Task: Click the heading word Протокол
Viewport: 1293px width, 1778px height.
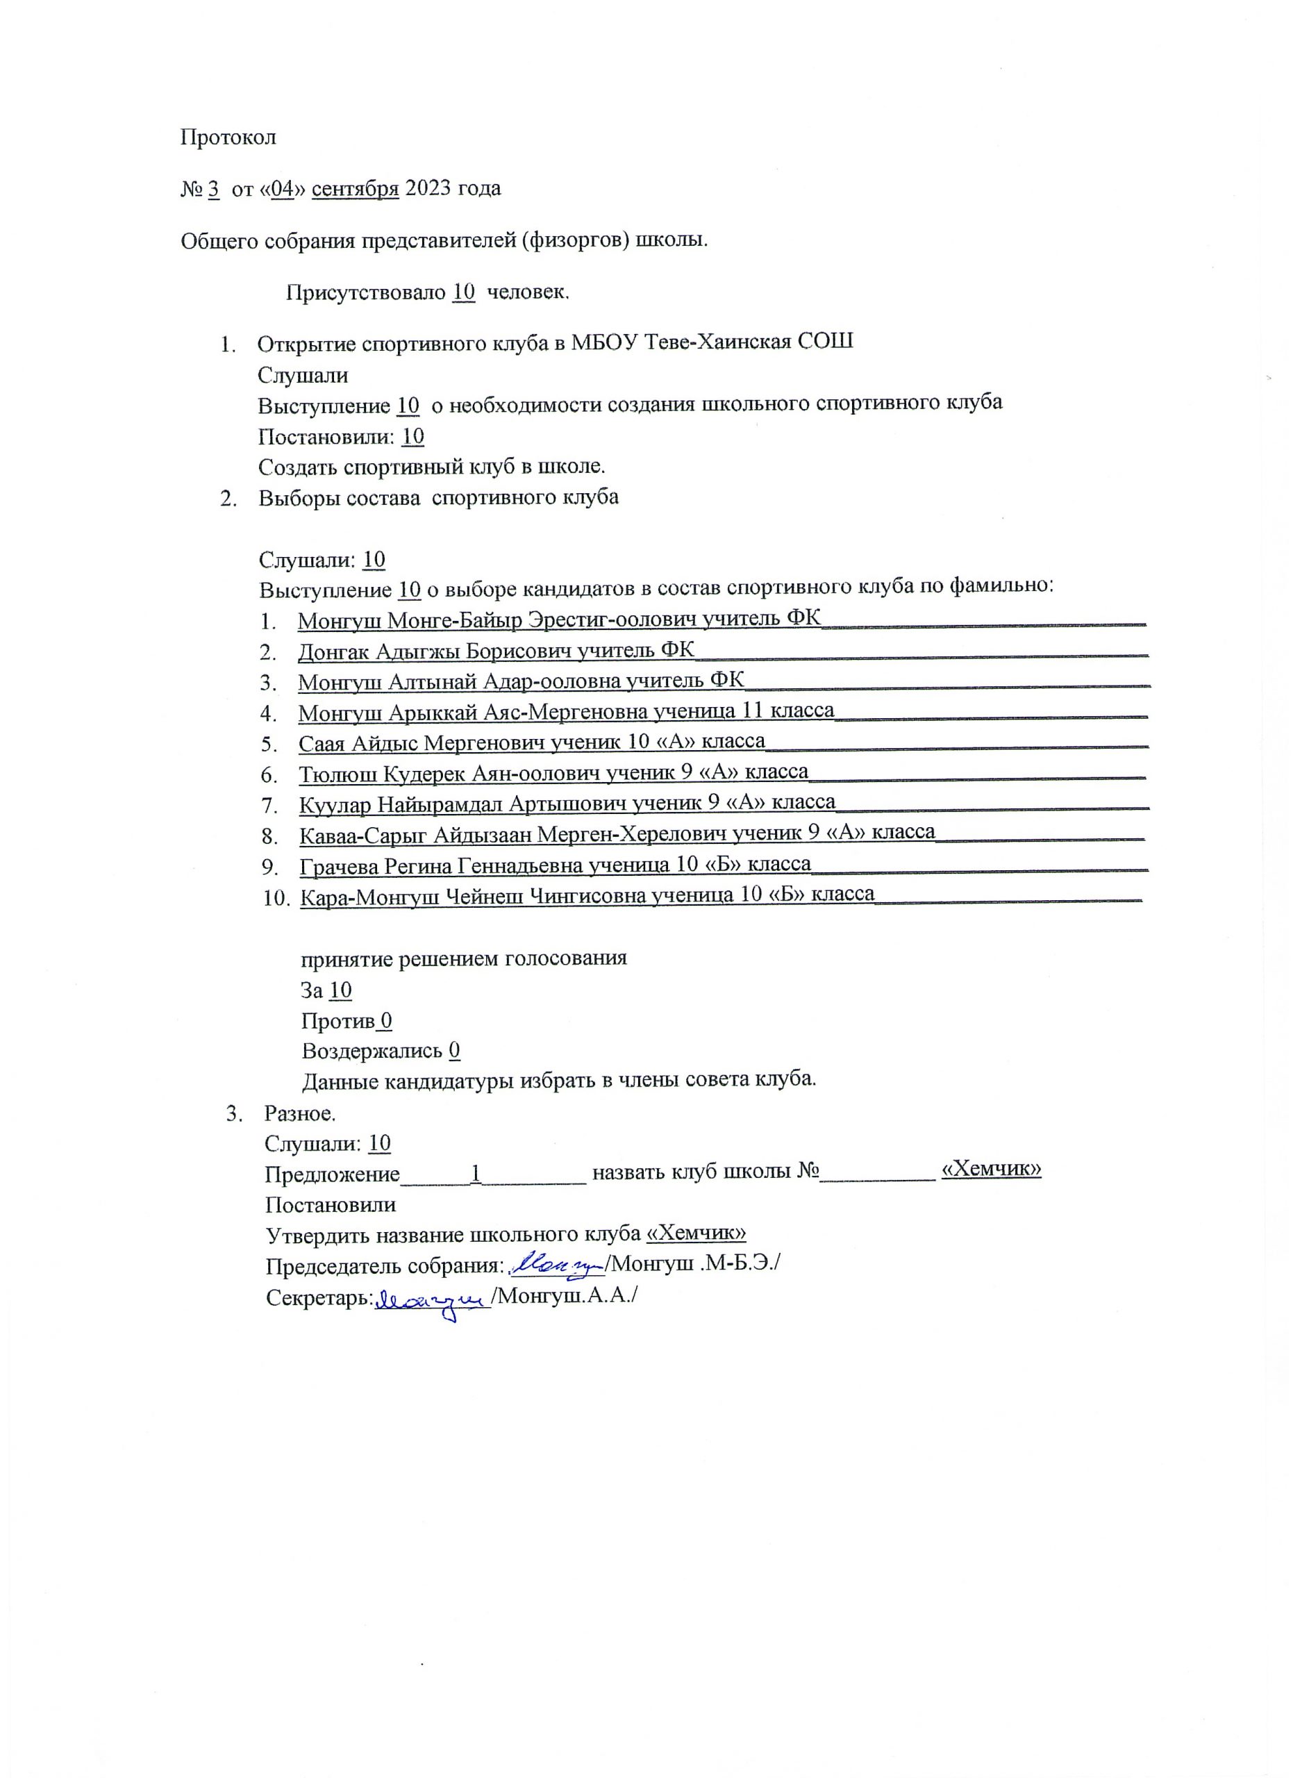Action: coord(228,138)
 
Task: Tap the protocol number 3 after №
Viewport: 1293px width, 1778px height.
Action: coord(213,189)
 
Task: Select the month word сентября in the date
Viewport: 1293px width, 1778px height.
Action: coord(355,189)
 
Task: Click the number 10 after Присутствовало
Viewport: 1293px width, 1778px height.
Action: coord(464,292)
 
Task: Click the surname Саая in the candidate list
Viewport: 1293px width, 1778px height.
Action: coord(322,742)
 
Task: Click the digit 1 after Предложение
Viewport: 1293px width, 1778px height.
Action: coord(475,1174)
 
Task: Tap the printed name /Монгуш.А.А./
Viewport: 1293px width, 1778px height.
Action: coord(563,1297)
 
